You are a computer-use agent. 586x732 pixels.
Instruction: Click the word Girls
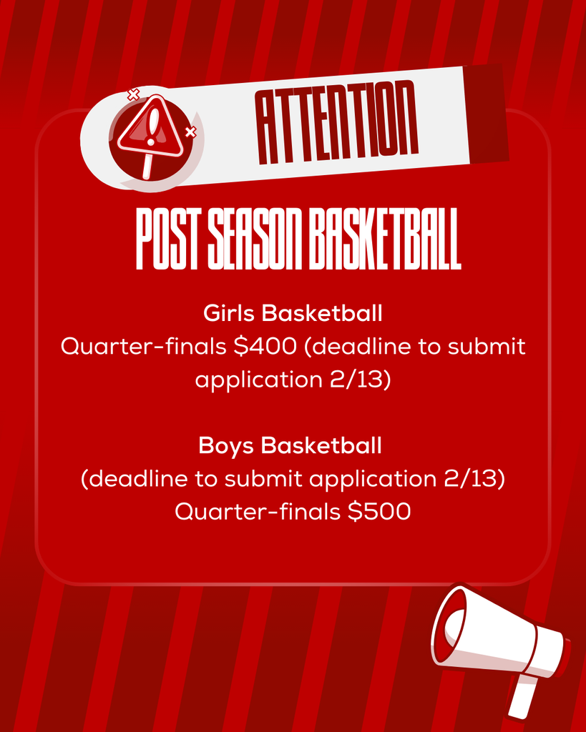(230, 313)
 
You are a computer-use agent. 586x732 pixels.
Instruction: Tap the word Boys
(227, 446)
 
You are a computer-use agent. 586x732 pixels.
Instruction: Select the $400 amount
(265, 347)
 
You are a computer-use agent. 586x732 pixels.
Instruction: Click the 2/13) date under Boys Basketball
(474, 479)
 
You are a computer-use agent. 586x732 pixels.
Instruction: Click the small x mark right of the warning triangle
(190, 132)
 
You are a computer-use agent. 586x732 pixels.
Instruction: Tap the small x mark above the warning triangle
(132, 94)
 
